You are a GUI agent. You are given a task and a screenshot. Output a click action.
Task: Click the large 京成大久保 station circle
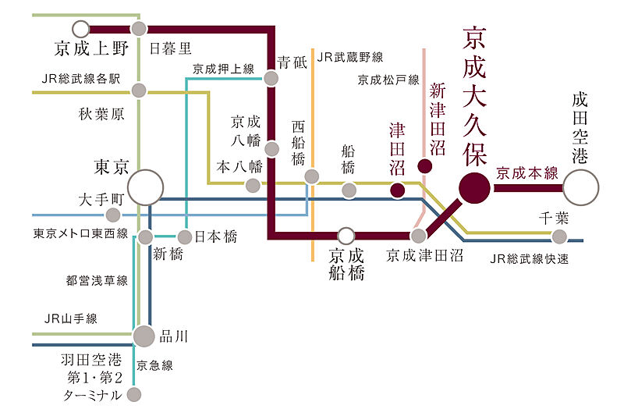click(x=473, y=187)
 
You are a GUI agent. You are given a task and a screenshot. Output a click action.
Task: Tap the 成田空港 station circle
click(x=580, y=187)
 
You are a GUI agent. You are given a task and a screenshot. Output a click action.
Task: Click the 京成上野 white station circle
click(x=81, y=29)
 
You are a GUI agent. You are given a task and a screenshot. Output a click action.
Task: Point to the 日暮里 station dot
click(x=140, y=29)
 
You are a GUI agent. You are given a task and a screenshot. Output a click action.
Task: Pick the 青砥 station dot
click(x=271, y=78)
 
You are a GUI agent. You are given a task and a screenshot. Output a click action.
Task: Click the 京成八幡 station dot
click(x=271, y=148)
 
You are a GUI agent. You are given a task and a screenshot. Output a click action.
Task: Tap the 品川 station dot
click(x=144, y=336)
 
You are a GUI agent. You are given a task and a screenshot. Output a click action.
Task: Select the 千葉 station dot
click(x=558, y=236)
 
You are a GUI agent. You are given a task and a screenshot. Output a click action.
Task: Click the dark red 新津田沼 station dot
click(x=424, y=165)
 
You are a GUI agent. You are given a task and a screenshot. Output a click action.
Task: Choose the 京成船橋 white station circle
click(x=346, y=234)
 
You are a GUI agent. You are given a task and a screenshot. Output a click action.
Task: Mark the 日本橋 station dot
click(x=185, y=236)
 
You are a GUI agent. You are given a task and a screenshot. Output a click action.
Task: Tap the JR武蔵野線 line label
click(x=350, y=57)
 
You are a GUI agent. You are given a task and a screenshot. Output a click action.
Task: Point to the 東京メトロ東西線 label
click(x=80, y=233)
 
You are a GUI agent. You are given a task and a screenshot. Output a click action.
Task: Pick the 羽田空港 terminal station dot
click(x=134, y=395)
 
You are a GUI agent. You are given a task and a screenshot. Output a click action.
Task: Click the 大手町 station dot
click(x=114, y=215)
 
